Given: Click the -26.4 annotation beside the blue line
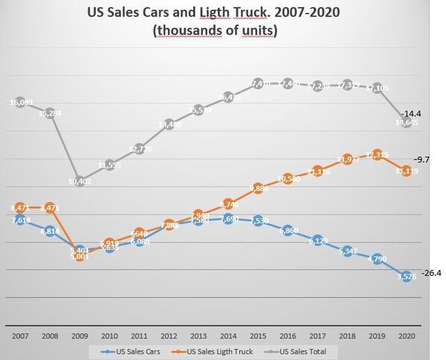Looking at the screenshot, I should (430, 273).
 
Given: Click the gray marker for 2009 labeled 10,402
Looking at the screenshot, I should (80, 181).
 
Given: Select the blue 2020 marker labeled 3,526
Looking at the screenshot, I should (405, 277).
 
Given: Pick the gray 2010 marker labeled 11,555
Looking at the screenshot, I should (110, 164).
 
